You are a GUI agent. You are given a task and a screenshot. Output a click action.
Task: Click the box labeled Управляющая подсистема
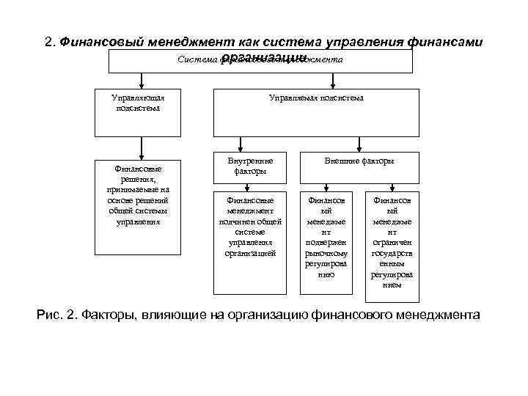138,113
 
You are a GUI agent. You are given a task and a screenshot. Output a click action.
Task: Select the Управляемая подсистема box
316,113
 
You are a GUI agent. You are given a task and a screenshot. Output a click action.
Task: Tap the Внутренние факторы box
250,166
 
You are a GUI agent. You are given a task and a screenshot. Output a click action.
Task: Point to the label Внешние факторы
359,161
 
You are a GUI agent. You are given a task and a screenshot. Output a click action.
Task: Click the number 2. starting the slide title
51,43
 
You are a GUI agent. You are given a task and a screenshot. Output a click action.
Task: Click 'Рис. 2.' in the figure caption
56,316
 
